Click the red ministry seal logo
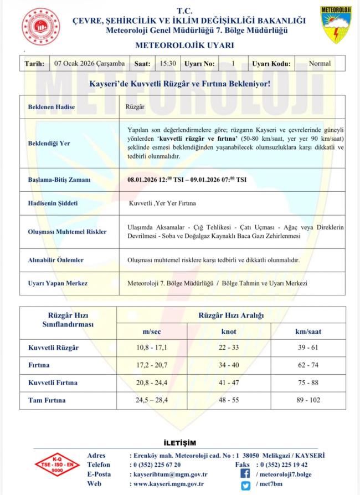41,27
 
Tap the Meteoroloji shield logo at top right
336,25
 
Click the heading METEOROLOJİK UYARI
184,45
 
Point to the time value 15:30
168,63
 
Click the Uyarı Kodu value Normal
320,63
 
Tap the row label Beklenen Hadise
52,106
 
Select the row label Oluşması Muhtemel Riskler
68,232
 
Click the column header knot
229,331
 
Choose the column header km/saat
308,331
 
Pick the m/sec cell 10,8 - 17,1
152,348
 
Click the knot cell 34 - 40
229,365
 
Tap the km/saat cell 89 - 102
308,400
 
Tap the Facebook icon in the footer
245,474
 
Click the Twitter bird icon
245,485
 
